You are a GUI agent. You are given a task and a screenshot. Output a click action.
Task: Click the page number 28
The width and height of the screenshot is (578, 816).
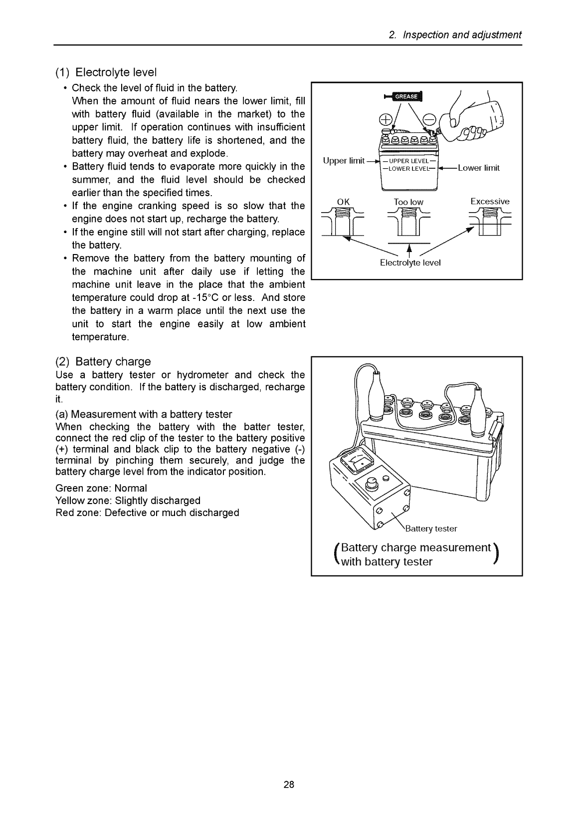(x=289, y=784)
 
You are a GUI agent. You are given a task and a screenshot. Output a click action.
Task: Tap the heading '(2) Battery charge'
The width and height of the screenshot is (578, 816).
(x=103, y=361)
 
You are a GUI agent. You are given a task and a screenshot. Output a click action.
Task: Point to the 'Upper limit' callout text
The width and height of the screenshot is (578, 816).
(x=344, y=161)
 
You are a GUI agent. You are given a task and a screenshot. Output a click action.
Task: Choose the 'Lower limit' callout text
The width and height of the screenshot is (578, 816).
(x=478, y=168)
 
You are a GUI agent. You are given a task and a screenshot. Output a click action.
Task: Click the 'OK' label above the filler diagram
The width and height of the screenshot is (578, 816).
(x=344, y=202)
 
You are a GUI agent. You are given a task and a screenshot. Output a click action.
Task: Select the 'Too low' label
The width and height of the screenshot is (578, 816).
(x=408, y=202)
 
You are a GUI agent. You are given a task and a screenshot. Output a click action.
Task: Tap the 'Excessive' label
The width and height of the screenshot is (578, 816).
(x=490, y=202)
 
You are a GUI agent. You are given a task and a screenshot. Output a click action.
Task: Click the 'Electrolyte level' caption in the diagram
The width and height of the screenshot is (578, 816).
(x=410, y=263)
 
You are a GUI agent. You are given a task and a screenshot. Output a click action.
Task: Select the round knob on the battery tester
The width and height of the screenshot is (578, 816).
(x=372, y=483)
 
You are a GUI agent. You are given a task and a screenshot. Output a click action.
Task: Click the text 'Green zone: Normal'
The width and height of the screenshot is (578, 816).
(x=101, y=488)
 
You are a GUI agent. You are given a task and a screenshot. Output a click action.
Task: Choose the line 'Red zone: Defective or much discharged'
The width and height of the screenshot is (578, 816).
(x=147, y=513)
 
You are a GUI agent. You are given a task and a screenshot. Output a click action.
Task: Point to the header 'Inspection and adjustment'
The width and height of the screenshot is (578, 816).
(x=455, y=35)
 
